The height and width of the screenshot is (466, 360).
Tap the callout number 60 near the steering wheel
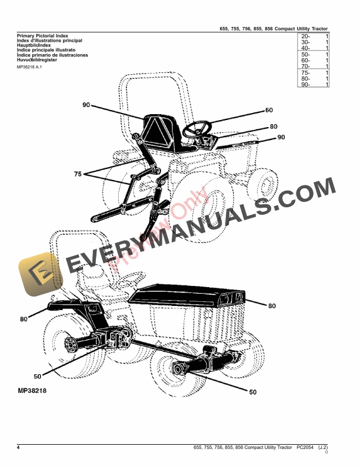tap(269, 110)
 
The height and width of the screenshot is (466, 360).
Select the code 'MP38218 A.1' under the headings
tap(29, 66)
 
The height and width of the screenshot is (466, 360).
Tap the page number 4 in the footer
tap(18, 448)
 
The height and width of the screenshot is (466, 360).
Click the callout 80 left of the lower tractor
tap(24, 319)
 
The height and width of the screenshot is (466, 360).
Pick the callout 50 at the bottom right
tap(252, 392)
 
